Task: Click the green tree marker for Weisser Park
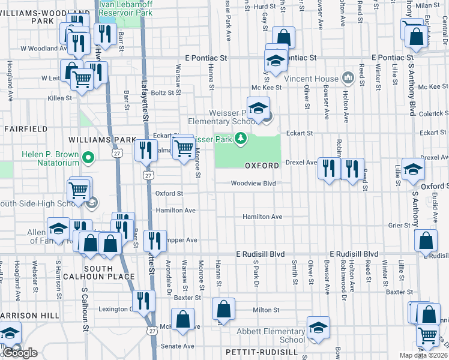(241, 139)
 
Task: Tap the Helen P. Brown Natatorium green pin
(88, 158)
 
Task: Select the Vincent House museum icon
(348, 79)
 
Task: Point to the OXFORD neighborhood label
(262, 165)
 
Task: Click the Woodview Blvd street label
(253, 184)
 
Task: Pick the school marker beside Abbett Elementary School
(318, 328)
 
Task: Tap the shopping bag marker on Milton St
(223, 310)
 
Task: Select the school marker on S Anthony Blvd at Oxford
(413, 169)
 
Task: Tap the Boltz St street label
(162, 92)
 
